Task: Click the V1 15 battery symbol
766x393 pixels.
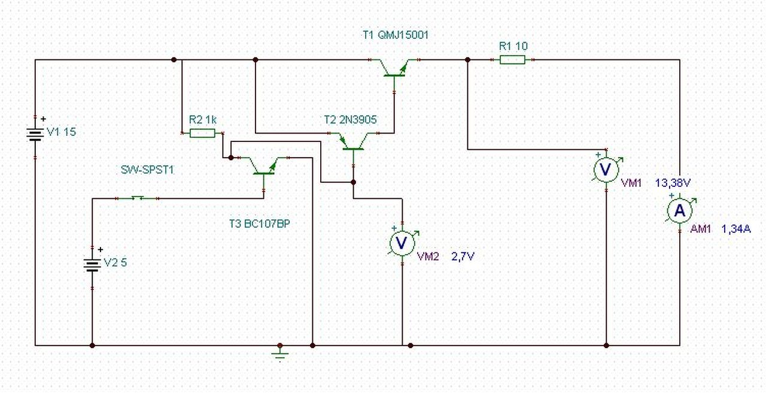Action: [x=35, y=135]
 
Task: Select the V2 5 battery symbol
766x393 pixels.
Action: [x=92, y=265]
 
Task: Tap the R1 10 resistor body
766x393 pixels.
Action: [x=512, y=60]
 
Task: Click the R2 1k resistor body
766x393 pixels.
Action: [x=202, y=133]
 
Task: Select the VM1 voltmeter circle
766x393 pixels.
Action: [x=606, y=170]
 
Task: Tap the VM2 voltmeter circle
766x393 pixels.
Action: [x=402, y=243]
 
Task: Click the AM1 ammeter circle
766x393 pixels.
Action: [x=680, y=211]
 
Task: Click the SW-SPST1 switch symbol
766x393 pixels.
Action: [x=138, y=198]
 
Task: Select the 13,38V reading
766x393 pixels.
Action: [x=673, y=183]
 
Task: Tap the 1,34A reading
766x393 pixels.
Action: [x=736, y=229]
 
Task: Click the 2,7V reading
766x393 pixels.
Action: [x=463, y=256]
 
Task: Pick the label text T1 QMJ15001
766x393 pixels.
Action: [x=396, y=35]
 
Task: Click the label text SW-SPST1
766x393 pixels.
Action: [x=147, y=170]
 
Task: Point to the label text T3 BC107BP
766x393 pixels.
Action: [x=260, y=223]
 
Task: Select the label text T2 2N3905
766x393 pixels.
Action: [x=351, y=119]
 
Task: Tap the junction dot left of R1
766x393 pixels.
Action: [x=468, y=60]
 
